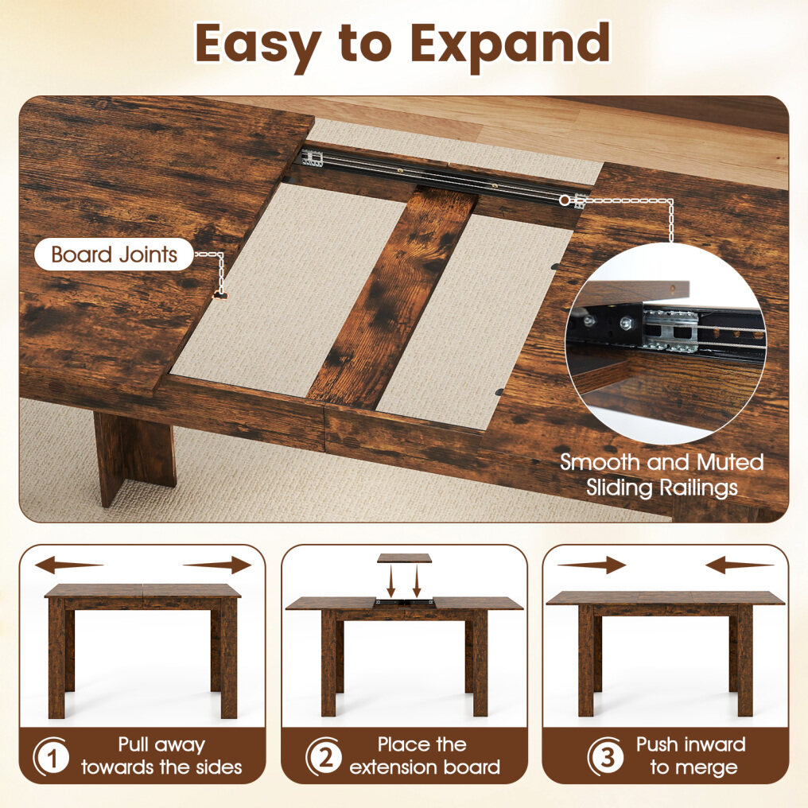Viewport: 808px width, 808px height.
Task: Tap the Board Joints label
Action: click(x=114, y=254)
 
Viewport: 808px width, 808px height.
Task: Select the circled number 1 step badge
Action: click(x=51, y=757)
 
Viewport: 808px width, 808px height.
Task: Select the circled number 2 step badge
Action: click(x=324, y=757)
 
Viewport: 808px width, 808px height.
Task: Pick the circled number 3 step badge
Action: click(x=606, y=757)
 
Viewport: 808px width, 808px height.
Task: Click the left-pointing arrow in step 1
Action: click(x=69, y=565)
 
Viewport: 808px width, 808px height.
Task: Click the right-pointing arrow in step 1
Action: click(x=217, y=565)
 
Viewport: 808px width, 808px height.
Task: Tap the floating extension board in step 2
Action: click(x=404, y=558)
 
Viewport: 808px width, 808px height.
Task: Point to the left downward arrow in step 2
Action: click(x=391, y=581)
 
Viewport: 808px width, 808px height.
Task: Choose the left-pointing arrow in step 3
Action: click(x=740, y=565)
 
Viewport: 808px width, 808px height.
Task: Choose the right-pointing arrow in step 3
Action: click(x=592, y=565)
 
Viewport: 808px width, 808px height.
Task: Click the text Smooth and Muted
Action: click(x=662, y=462)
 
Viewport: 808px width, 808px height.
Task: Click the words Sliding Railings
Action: click(x=662, y=488)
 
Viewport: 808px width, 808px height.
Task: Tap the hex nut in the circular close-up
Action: click(x=627, y=323)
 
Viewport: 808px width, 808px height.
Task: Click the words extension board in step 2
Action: click(x=425, y=767)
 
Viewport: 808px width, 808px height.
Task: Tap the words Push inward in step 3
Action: click(x=691, y=744)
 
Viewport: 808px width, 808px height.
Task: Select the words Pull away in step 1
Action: click(x=161, y=745)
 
